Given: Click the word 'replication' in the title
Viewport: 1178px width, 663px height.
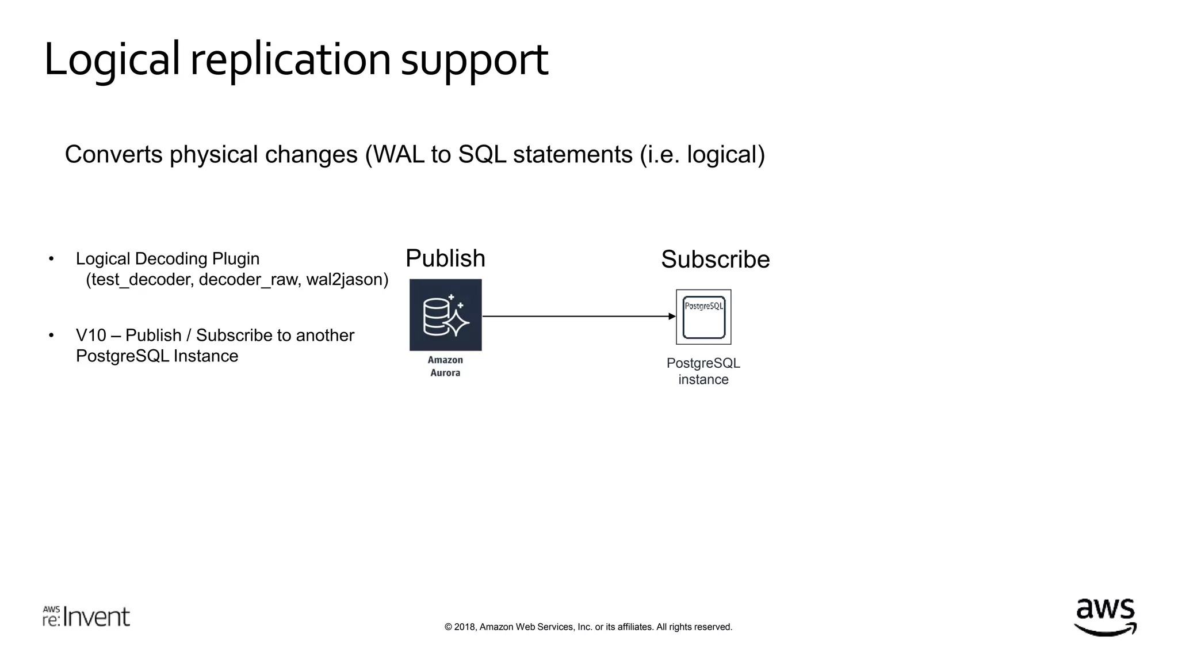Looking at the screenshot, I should click(x=290, y=60).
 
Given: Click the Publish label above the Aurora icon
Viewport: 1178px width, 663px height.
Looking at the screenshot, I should click(x=445, y=258).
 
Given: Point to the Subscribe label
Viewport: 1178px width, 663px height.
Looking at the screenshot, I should click(x=715, y=260).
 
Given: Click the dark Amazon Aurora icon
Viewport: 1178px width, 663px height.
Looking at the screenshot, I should click(x=446, y=315).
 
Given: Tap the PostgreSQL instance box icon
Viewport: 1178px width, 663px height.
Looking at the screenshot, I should click(x=703, y=317).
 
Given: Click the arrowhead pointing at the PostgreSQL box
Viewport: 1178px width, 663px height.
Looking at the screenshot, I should click(x=672, y=316).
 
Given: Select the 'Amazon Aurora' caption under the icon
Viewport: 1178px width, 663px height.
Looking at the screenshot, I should click(x=445, y=367).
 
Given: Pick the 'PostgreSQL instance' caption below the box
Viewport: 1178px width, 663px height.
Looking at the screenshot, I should click(x=703, y=371).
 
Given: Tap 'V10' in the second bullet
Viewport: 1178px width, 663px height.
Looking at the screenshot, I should click(x=90, y=336).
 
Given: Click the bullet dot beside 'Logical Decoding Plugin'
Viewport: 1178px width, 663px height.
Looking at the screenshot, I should click(x=51, y=259).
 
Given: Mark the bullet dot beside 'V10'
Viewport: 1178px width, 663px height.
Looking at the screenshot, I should click(x=51, y=336).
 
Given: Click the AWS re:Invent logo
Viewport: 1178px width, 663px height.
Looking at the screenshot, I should click(x=86, y=616).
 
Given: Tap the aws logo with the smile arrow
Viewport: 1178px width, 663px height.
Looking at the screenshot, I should click(x=1105, y=617).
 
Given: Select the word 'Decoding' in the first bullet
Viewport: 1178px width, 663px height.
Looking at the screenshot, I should click(x=171, y=259).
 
